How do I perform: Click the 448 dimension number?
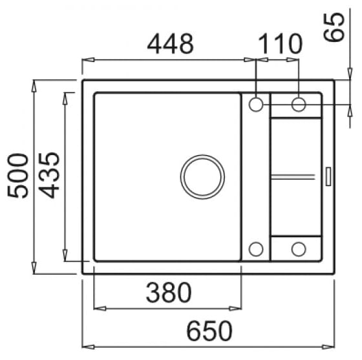171,44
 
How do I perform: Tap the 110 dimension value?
280,44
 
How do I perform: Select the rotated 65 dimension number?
334,27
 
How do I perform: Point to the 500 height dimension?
18,176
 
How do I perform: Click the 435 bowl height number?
49,175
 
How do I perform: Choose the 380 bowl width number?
169,293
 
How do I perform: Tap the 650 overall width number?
209,331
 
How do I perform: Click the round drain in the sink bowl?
202,177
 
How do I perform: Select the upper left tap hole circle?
256,105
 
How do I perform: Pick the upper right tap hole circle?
299,105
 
